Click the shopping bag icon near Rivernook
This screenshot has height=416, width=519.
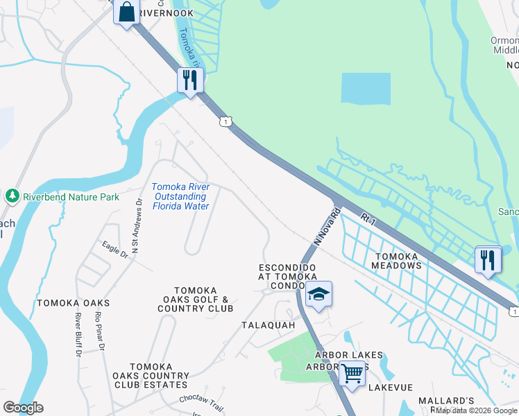[126, 12]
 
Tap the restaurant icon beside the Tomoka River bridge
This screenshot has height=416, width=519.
[189, 80]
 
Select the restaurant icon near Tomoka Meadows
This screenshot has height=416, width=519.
[488, 260]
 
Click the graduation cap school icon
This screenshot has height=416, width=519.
[318, 295]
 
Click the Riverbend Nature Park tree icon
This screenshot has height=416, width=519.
[12, 196]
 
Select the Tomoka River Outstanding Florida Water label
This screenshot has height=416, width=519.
[180, 196]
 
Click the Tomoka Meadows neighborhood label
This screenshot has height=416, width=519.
[396, 261]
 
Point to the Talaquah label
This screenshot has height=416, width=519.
[268, 325]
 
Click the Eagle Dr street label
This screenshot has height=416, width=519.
[115, 249]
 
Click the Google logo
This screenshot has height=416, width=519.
[23, 408]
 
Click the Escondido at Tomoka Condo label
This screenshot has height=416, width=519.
[287, 277]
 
